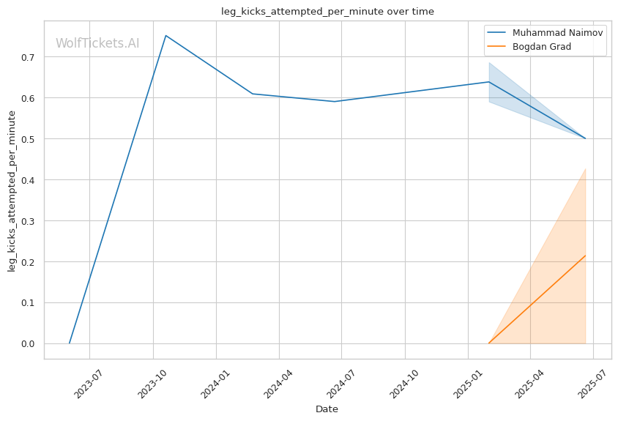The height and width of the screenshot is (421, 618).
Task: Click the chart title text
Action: pos(327,11)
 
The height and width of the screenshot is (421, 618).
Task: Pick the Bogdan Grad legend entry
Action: pos(541,47)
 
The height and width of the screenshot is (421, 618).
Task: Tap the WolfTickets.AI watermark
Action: pos(97,43)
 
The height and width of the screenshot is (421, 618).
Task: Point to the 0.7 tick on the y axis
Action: pos(29,57)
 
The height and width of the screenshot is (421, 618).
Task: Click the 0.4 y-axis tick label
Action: pos(29,180)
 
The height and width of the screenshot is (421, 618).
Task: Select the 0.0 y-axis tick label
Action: pos(29,344)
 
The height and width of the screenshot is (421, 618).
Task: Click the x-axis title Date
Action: pos(327,409)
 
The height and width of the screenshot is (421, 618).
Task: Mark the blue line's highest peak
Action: pos(165,35)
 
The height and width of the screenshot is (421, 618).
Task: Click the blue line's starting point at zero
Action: pos(70,343)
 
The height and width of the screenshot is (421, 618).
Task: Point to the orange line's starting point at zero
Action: pos(488,343)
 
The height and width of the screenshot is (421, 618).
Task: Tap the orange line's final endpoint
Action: pos(585,256)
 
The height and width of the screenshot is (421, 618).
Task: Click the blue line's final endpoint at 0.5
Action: pos(585,138)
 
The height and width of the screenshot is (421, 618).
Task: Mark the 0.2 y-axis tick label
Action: pos(29,262)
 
